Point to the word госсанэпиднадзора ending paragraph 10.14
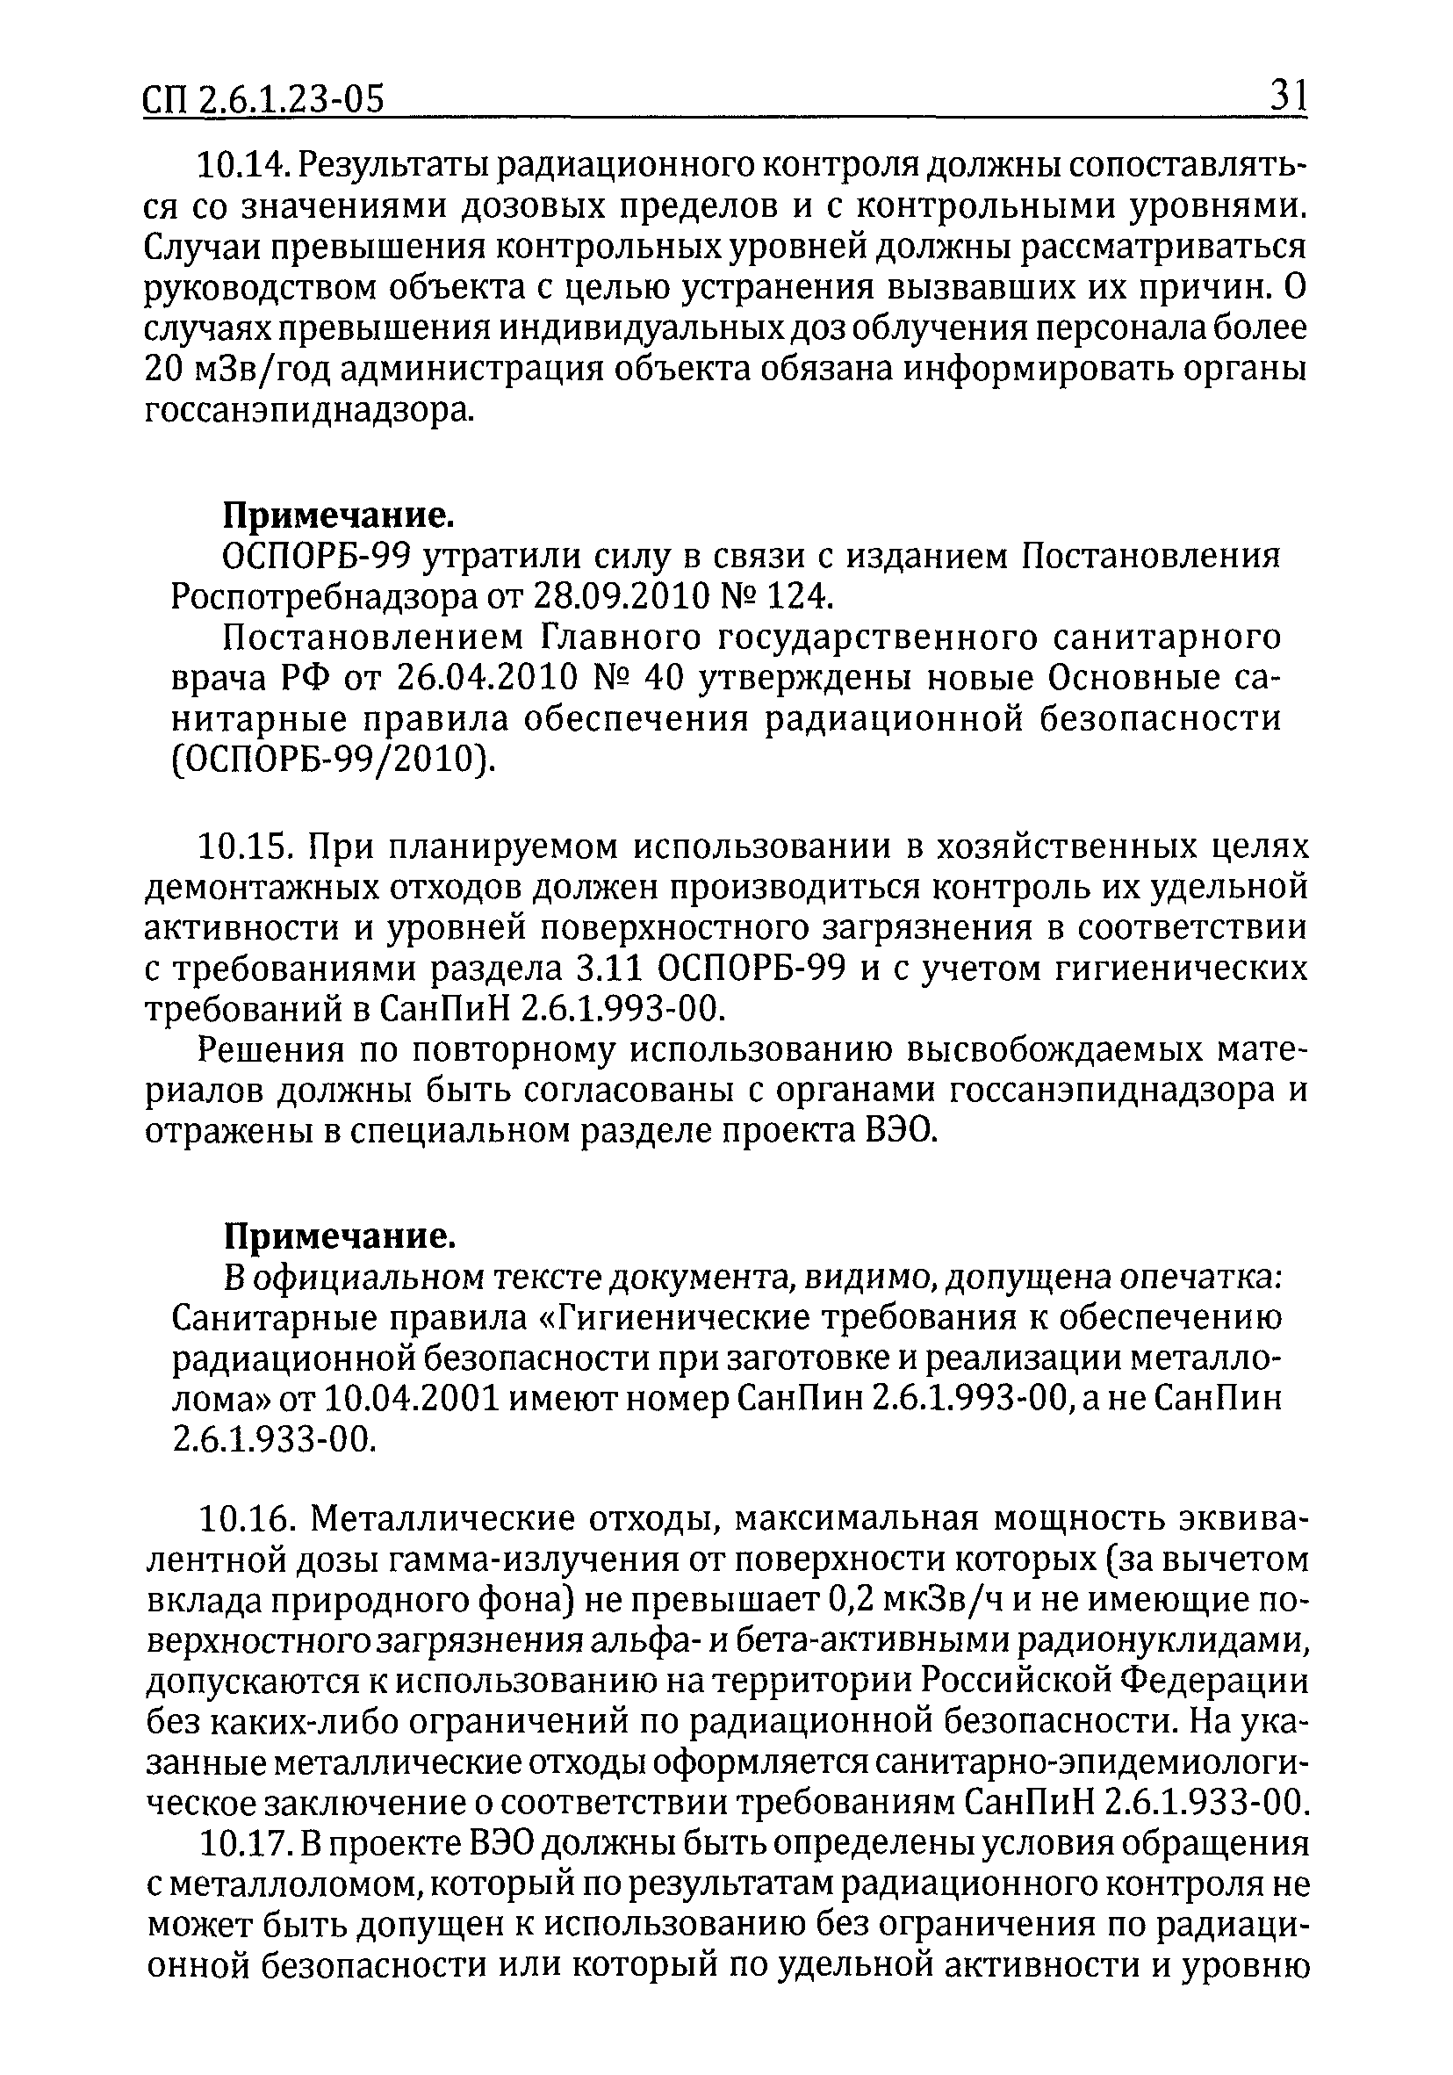click(x=307, y=411)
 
